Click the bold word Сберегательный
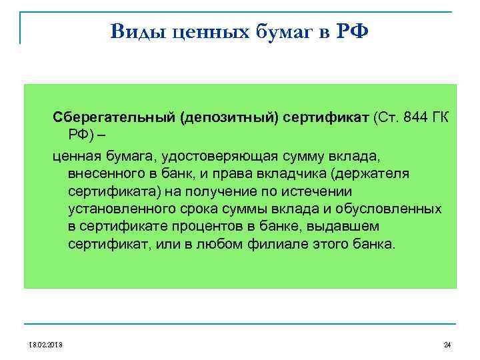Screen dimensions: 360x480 point(115,118)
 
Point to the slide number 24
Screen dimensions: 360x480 point(447,345)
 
